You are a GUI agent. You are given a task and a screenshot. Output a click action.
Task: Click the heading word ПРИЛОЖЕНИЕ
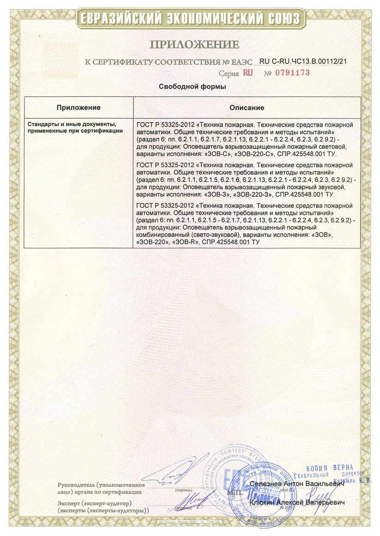(194, 45)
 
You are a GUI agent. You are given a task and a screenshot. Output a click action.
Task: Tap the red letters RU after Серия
(248, 73)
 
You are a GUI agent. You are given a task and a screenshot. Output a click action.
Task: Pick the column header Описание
(247, 107)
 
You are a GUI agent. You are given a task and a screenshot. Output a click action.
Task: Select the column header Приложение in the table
(78, 107)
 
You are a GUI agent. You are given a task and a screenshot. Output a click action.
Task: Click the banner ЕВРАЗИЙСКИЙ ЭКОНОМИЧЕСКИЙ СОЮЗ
(190, 18)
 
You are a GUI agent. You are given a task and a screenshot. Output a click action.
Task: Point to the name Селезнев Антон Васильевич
(297, 484)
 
